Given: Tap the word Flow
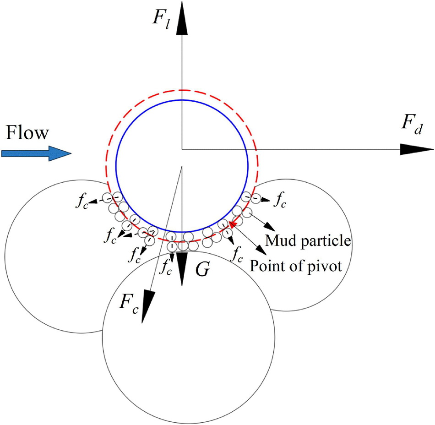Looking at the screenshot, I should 28,134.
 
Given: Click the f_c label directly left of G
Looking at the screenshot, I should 165,269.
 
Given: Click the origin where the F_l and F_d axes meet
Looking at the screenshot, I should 183,149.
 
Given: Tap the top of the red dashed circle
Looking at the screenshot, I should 183,90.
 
